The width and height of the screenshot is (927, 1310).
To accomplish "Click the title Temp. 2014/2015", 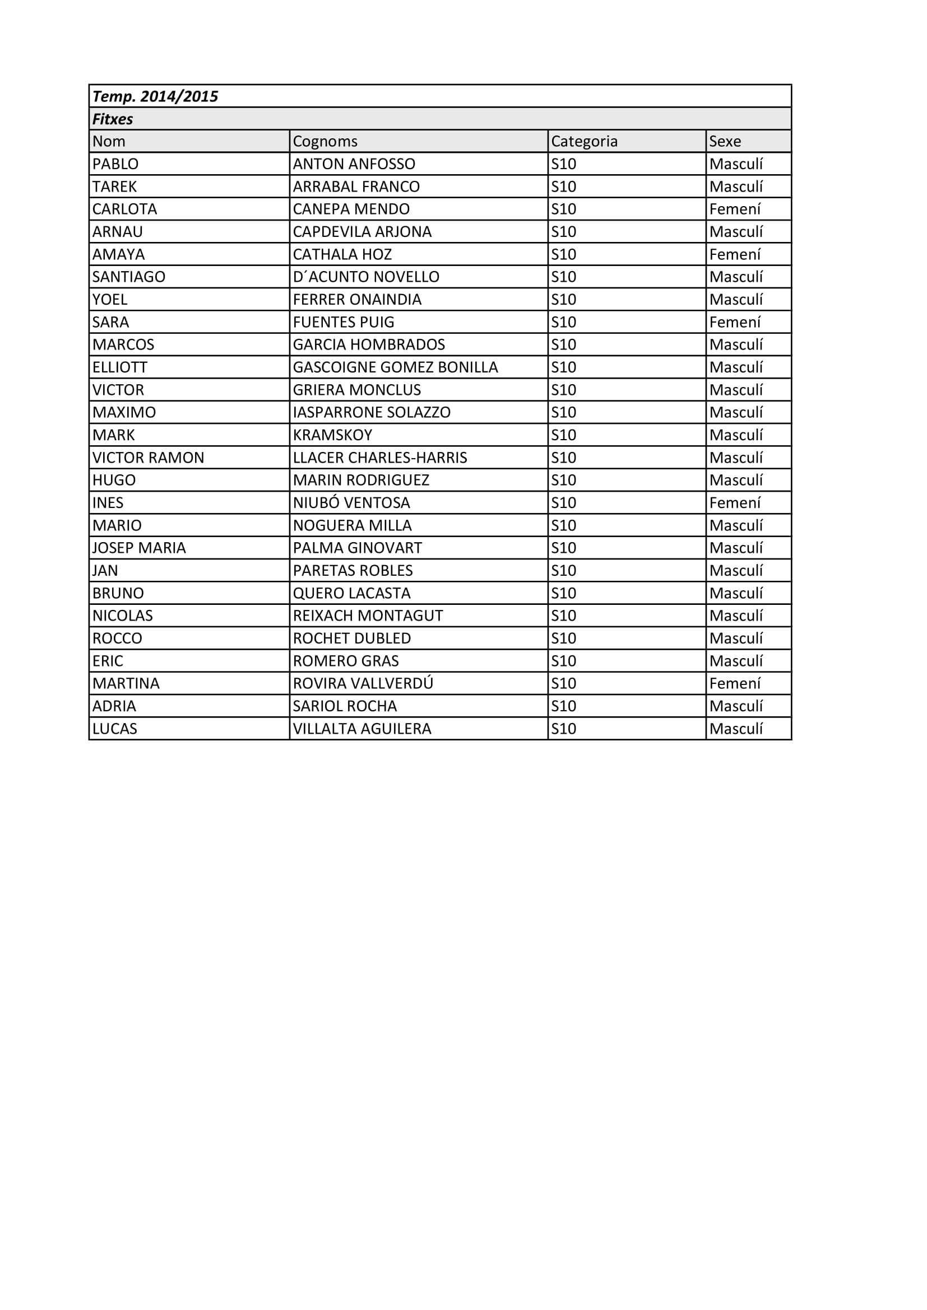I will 155,96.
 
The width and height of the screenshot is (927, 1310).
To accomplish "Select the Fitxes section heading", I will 113,119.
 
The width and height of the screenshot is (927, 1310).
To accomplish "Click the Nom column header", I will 109,142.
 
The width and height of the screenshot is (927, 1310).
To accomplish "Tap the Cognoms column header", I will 325,142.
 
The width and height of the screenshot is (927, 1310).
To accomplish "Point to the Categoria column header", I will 584,142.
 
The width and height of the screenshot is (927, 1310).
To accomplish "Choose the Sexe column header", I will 725,142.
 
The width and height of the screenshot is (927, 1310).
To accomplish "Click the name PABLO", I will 115,164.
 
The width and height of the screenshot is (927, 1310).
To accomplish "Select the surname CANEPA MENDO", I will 351,209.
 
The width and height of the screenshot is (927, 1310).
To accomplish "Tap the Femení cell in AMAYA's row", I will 735,254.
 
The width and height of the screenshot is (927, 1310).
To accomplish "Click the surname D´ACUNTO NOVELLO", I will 366,277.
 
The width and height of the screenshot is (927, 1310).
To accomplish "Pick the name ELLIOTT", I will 120,367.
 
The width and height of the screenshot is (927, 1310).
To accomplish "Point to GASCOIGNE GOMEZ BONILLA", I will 395,367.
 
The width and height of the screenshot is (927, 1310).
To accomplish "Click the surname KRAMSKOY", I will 332,435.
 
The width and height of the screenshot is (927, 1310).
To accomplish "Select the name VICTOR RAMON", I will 149,458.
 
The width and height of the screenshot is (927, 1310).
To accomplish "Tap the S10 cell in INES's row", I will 563,504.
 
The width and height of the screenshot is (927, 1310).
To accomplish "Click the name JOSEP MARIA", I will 140,548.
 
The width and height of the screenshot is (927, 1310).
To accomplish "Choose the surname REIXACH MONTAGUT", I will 368,616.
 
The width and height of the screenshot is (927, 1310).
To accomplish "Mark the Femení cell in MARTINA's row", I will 735,683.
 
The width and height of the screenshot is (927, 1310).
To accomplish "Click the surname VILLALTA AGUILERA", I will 362,729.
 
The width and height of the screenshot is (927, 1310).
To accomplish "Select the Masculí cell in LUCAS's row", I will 736,729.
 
